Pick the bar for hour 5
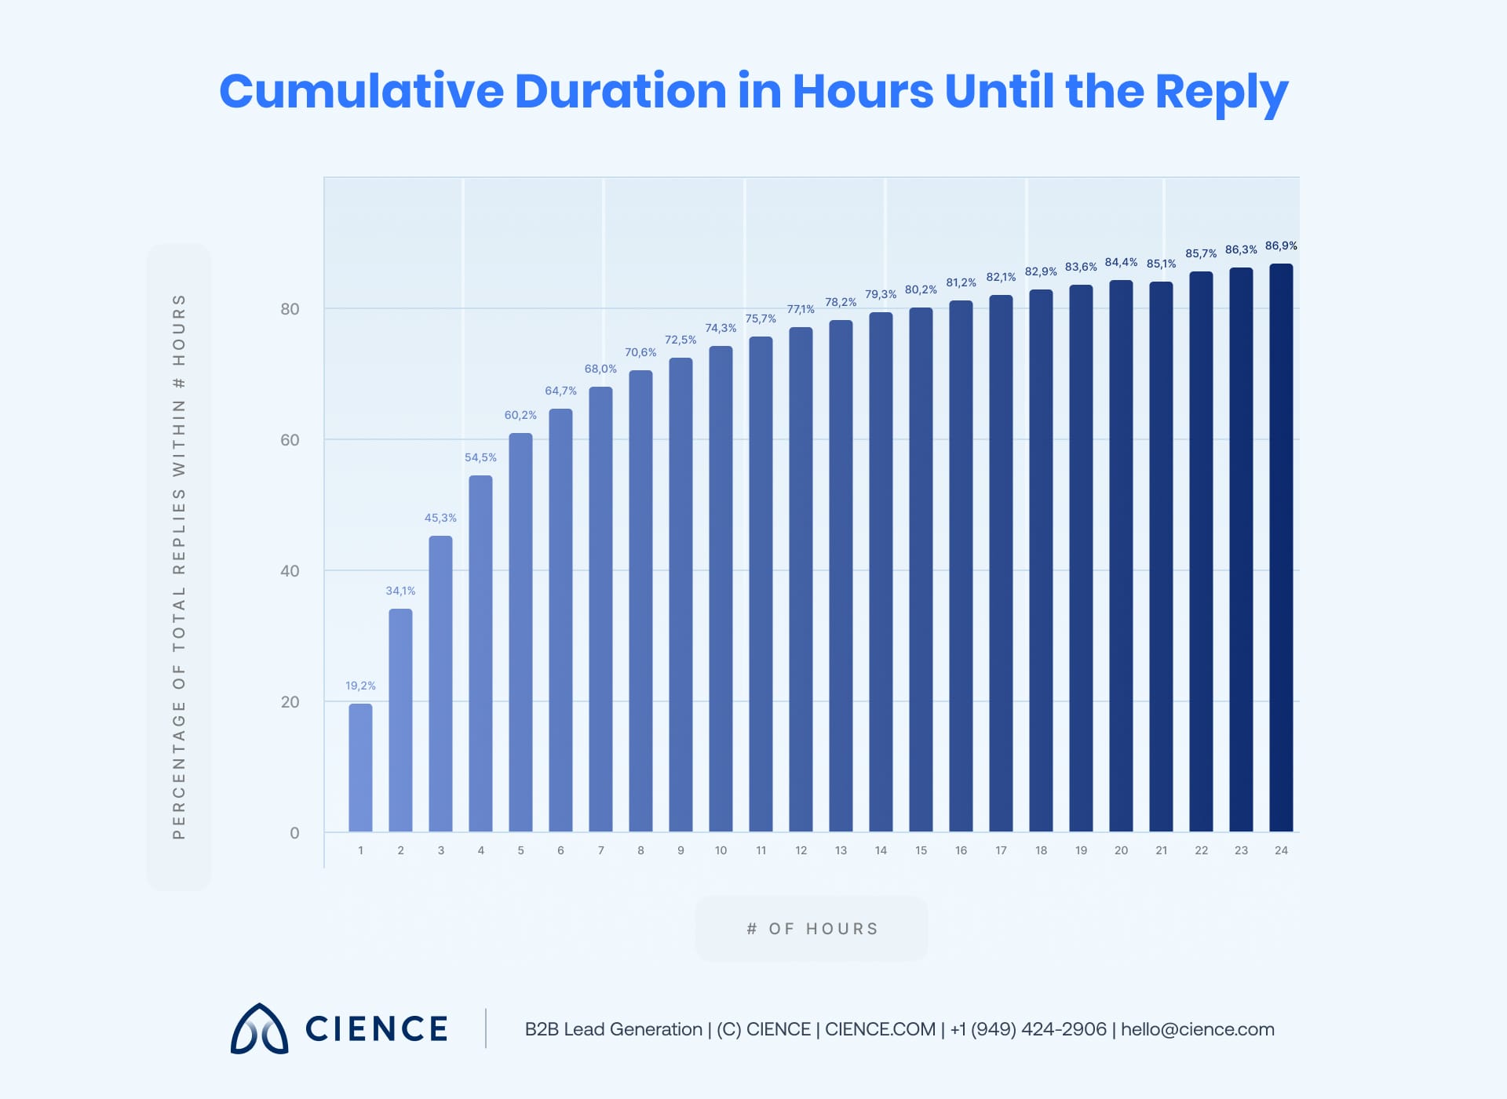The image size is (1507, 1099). click(520, 632)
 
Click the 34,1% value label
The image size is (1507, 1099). click(400, 591)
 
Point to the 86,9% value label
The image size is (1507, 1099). click(1281, 246)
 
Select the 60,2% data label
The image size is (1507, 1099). click(520, 415)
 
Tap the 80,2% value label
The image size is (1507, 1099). click(921, 289)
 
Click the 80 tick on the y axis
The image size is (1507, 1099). click(290, 309)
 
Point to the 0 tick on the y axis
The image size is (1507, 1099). click(294, 833)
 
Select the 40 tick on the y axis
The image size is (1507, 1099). click(290, 571)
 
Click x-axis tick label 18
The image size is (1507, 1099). click(1041, 850)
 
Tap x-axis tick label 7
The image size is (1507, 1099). click(600, 850)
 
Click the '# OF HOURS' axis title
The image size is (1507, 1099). click(812, 929)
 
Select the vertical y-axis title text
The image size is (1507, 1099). click(179, 566)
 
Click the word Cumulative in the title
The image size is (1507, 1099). click(361, 91)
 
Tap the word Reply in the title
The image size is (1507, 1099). click(1221, 93)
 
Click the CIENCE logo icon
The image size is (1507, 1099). click(259, 1028)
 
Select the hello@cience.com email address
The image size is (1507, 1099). click(1197, 1029)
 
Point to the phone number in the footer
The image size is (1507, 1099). click(1028, 1029)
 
